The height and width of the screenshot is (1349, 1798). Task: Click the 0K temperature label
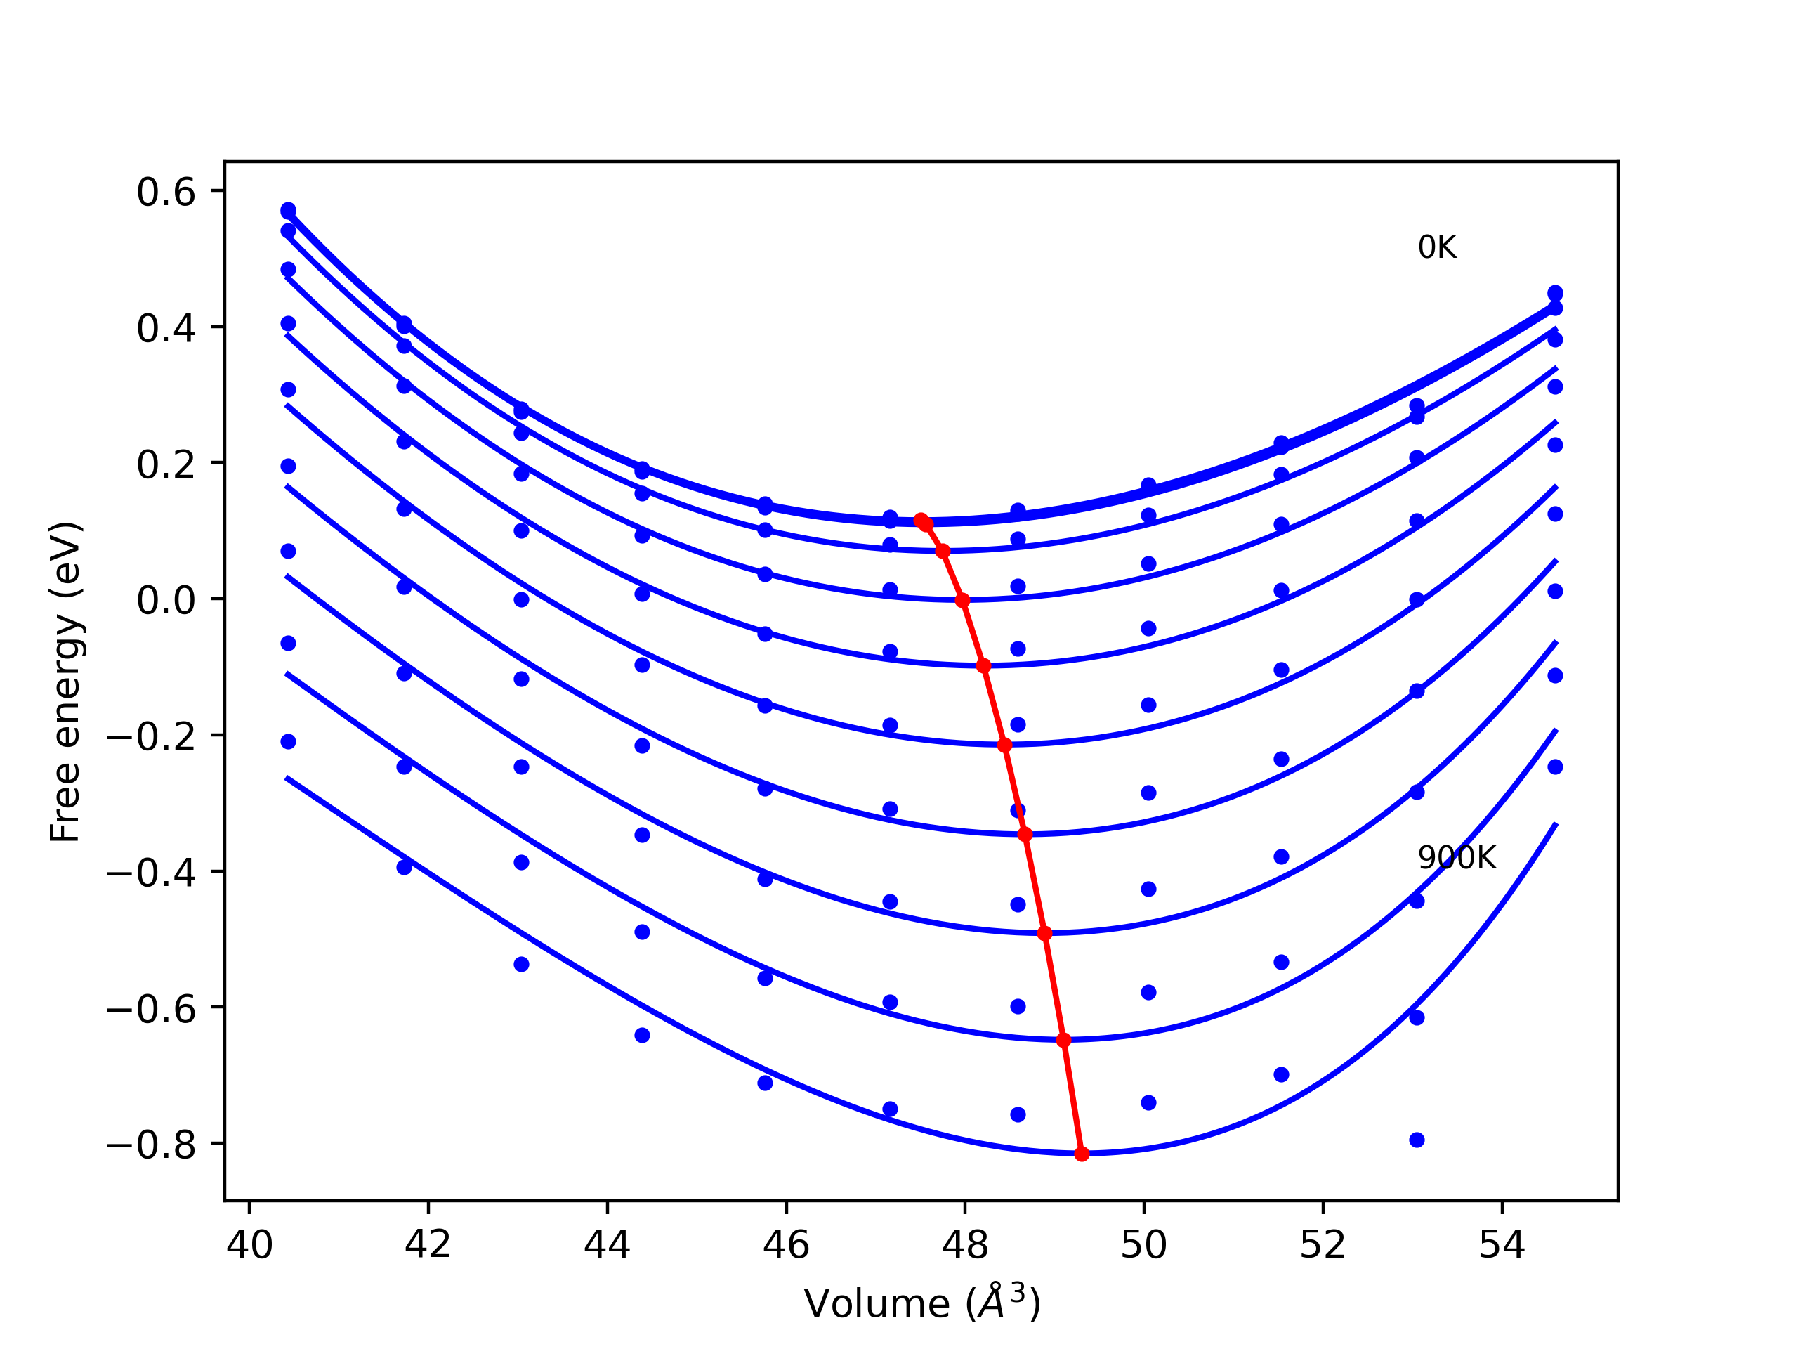tap(1437, 247)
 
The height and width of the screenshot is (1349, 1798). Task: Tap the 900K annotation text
tap(1457, 858)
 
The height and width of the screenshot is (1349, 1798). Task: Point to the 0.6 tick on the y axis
tap(166, 192)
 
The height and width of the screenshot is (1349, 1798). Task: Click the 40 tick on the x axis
tap(249, 1245)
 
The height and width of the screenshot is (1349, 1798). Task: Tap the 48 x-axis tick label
tap(965, 1245)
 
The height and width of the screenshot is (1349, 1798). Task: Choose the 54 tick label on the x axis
tap(1502, 1245)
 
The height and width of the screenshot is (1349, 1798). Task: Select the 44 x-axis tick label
tap(608, 1245)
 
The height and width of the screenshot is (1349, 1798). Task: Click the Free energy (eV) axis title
tap(65, 682)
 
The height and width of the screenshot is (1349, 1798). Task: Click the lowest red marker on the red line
tap(1082, 1154)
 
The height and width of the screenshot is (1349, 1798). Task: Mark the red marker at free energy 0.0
tap(962, 601)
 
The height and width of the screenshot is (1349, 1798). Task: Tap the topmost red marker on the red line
tap(921, 520)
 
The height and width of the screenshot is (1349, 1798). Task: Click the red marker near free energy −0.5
tap(1045, 934)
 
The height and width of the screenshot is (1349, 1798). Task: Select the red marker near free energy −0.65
tap(1064, 1040)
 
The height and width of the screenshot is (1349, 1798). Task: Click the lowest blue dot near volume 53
tap(1417, 1140)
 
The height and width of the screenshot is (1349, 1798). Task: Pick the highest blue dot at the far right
tap(1555, 293)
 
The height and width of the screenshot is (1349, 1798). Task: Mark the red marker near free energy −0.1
tap(983, 666)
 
